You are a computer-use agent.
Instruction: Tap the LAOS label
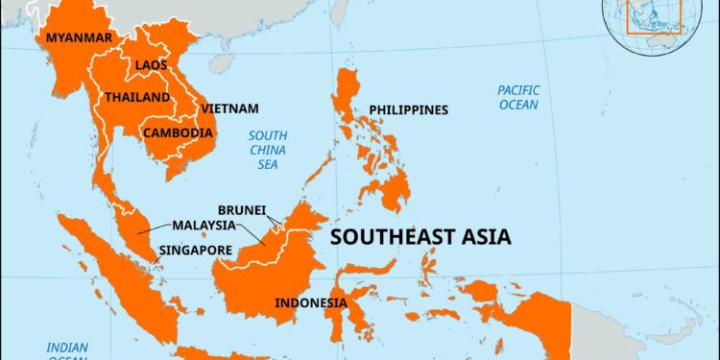pos(151,65)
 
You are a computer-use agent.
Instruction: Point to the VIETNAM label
pos(229,109)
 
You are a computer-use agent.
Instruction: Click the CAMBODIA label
pos(178,132)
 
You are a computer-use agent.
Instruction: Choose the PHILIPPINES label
pos(408,110)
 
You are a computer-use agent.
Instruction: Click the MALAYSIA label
pos(204,226)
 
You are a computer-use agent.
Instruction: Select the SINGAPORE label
pos(197,250)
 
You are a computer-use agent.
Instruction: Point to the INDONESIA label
pos(311,303)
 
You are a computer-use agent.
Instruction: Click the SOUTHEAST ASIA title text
pos(420,237)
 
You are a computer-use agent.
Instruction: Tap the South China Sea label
pos(262,151)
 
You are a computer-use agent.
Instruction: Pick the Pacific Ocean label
pos(517,97)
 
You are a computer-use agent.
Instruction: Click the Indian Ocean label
pos(70,351)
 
